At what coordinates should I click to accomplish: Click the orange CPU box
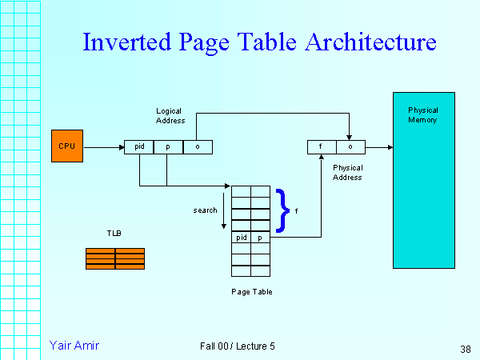coord(66,146)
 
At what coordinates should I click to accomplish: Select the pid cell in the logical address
coord(138,147)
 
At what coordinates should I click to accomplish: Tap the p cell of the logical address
coord(168,147)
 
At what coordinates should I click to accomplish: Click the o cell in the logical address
coord(198,147)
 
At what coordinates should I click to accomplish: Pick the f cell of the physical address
coord(322,147)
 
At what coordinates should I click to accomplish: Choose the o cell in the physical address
coord(350,147)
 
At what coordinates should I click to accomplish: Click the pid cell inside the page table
coord(242,238)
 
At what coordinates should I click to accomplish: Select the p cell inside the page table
coord(261,238)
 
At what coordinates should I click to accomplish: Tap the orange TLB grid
coord(115,258)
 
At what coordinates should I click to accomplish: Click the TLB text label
coord(114,234)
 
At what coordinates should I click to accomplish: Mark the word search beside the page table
coord(206,210)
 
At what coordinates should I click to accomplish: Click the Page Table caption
coord(251,292)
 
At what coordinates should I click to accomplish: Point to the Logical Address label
coord(170,115)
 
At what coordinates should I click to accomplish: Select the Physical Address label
coord(348,173)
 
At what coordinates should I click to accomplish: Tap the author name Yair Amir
coord(74,346)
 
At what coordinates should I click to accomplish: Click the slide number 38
coord(466,349)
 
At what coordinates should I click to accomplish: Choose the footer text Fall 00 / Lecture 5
coord(238,346)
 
